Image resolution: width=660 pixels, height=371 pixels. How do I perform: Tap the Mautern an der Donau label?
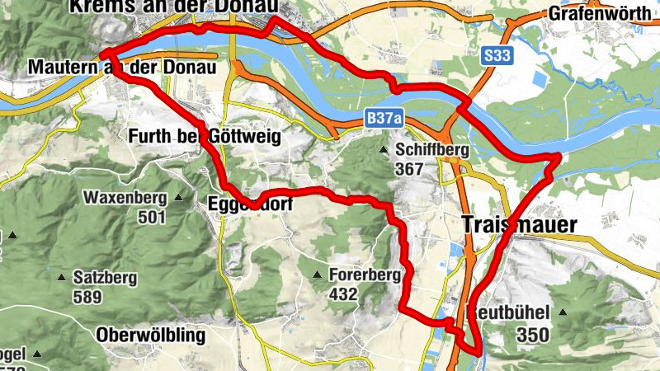(121, 66)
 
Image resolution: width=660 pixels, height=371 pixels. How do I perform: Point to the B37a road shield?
(385, 120)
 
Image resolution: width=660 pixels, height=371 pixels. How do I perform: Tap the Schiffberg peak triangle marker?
(384, 150)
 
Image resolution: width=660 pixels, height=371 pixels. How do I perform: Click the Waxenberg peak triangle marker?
(179, 199)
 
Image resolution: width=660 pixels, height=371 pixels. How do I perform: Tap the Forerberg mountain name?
(364, 275)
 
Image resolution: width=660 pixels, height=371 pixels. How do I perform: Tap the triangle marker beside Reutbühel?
(563, 312)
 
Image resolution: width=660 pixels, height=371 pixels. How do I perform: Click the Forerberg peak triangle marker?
(318, 275)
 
